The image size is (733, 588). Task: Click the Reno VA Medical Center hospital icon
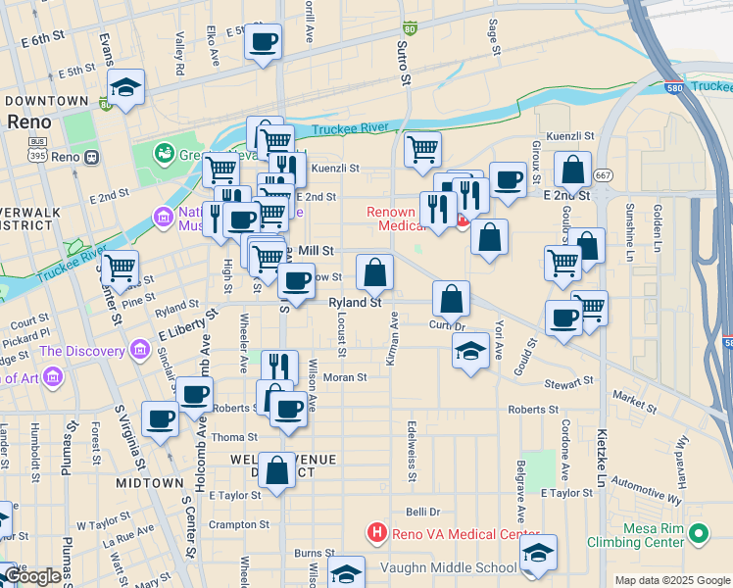376,533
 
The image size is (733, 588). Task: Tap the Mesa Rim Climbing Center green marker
698,533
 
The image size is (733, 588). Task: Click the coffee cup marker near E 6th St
263,42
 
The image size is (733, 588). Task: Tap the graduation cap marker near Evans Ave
125,87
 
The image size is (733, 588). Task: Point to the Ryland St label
354,304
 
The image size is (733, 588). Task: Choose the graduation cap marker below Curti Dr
471,351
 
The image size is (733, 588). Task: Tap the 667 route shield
603,175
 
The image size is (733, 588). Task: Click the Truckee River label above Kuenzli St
351,129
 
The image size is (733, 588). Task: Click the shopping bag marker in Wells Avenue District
277,470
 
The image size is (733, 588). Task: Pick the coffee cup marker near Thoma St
287,409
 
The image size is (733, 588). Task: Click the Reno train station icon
91,157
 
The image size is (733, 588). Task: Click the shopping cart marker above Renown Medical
422,149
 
